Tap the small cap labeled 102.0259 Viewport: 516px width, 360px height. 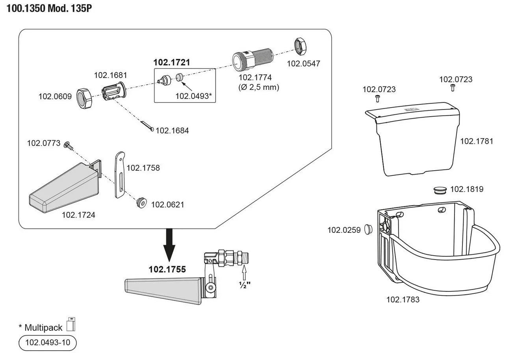369,229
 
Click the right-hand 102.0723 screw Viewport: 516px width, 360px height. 452,87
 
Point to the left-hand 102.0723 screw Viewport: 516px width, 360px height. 378,97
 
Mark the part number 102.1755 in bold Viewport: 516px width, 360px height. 167,270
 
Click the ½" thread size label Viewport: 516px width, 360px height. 245,284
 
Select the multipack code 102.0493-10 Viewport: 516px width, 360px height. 47,343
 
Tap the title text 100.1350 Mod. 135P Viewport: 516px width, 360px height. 49,8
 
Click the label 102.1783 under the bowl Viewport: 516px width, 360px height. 403,299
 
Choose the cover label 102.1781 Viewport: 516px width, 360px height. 477,141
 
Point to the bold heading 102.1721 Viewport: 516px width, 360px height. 171,62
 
